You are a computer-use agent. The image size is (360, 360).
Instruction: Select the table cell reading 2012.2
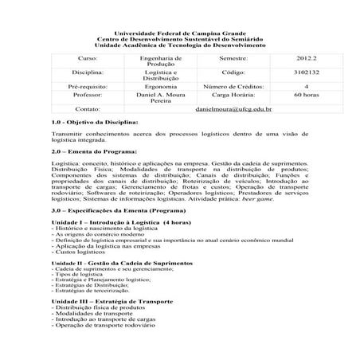tap(292, 58)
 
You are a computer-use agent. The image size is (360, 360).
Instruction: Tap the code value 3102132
tap(292, 71)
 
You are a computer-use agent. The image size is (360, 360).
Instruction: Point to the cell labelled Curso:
tap(86, 58)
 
